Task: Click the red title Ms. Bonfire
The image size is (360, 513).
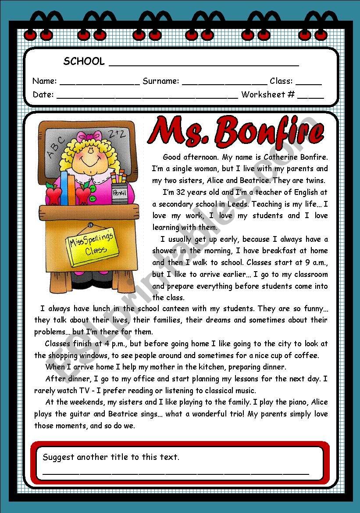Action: tap(236, 131)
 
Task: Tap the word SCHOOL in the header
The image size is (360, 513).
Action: tap(84, 61)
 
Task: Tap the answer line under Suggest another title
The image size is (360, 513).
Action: tap(175, 473)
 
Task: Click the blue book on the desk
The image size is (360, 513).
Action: tap(65, 189)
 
